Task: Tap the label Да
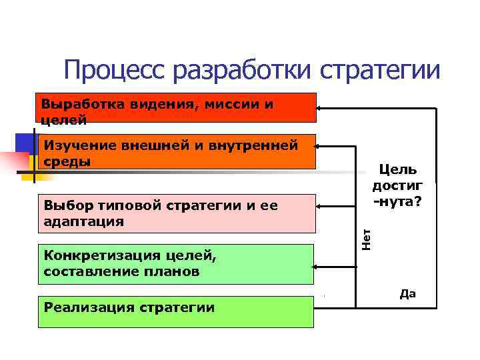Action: (407, 294)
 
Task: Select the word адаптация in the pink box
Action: (83, 221)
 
